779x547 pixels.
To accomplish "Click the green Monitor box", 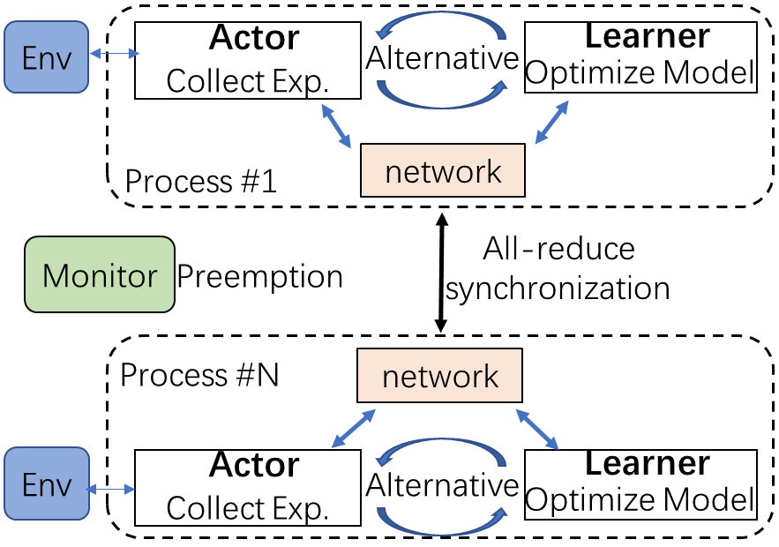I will coord(100,274).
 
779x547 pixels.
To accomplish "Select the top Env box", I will coord(46,58).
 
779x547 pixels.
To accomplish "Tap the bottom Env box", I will coord(46,483).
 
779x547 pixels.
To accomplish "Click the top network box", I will coord(443,170).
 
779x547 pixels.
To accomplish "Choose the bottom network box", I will coord(440,377).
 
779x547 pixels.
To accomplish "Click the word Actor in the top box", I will coord(254,38).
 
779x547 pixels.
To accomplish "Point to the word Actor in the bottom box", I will coord(254,465).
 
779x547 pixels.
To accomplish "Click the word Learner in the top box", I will coord(648,36).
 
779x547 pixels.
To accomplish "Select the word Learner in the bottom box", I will coord(648,463).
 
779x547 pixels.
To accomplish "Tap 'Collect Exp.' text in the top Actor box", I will coord(247,81).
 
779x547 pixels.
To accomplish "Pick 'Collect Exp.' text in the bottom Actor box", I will coord(247,508).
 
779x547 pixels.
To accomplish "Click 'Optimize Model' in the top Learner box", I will coord(640,74).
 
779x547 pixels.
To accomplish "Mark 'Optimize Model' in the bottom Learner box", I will coord(640,500).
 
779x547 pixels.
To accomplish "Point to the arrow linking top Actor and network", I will coord(336,125).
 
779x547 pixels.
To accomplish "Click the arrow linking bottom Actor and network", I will coord(352,428).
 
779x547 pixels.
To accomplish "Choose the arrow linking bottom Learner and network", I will coord(537,428).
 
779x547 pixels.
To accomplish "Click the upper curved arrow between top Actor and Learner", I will coord(441,22).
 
